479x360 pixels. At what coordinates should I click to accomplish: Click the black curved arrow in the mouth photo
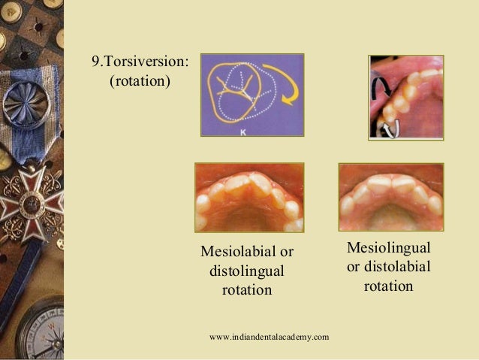point(378,88)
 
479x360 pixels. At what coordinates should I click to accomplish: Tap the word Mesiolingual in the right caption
point(388,248)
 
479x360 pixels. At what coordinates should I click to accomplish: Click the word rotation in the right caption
point(388,286)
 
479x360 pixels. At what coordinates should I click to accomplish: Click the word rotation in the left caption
point(246,289)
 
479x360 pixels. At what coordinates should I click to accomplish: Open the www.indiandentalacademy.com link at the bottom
point(270,336)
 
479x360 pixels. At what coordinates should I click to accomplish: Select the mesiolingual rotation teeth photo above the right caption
point(390,196)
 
